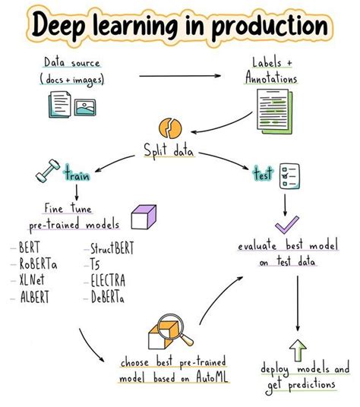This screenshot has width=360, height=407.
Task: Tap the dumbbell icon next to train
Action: click(x=46, y=174)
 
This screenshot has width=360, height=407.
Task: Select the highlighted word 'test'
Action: click(x=262, y=175)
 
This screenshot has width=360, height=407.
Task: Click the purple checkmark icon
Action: click(x=287, y=226)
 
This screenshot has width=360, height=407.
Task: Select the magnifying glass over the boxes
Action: click(x=172, y=331)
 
